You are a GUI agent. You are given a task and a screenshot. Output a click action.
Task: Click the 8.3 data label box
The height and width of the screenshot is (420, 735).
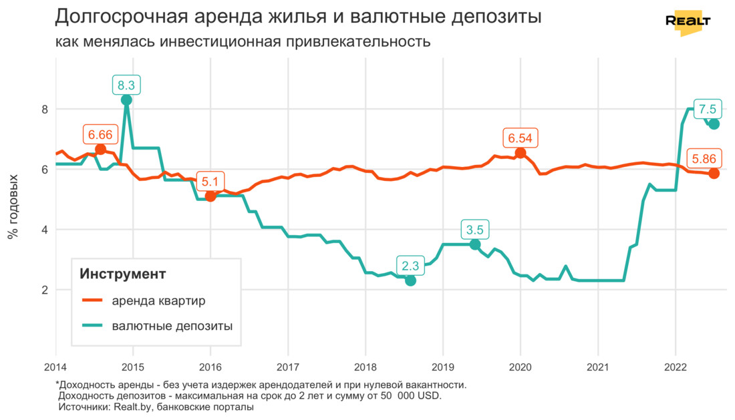[x=126, y=85]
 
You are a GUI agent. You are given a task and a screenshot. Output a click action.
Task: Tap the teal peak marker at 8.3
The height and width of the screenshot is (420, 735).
[x=126, y=100]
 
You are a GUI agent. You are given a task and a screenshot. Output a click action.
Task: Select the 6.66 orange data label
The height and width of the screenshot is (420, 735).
[x=100, y=134]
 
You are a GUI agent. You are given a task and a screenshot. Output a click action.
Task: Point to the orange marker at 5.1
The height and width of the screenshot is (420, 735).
[x=210, y=196]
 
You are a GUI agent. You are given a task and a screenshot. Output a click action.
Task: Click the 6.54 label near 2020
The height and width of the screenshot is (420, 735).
[x=521, y=138]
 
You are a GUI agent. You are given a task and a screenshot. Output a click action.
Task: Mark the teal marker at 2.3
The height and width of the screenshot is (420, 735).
[x=410, y=280]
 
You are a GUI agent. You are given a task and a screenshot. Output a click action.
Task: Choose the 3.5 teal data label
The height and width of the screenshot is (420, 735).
[x=474, y=230]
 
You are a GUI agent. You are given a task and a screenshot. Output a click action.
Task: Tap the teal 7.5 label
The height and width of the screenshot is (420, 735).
[x=708, y=109]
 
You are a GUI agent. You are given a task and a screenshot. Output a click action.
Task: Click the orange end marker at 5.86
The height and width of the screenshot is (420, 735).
[x=714, y=174]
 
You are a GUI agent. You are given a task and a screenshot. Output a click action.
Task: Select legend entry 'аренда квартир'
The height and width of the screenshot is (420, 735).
[x=159, y=300]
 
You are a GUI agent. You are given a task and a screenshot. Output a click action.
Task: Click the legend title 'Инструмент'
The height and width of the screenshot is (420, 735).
[x=123, y=274]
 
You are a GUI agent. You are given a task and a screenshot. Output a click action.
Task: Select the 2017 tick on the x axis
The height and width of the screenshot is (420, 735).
[x=287, y=367]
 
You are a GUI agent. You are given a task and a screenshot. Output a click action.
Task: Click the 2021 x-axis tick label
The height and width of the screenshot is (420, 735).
[x=597, y=367]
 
